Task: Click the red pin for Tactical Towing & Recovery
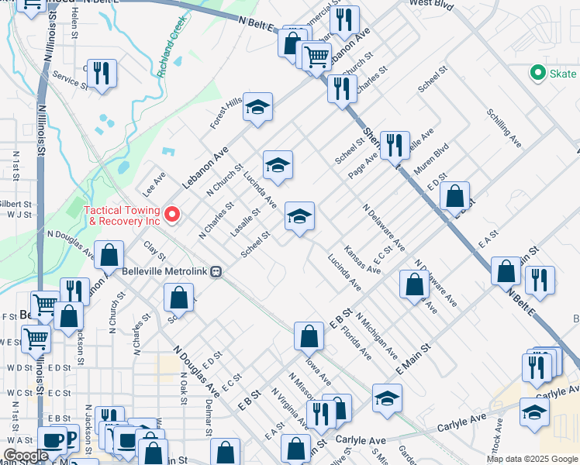(174, 213)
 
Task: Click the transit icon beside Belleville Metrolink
(219, 272)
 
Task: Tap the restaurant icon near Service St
(102, 74)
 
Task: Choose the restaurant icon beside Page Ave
(395, 145)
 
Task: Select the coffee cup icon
(53, 440)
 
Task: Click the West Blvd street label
(431, 4)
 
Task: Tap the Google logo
(25, 456)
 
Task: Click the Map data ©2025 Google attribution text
(531, 459)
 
